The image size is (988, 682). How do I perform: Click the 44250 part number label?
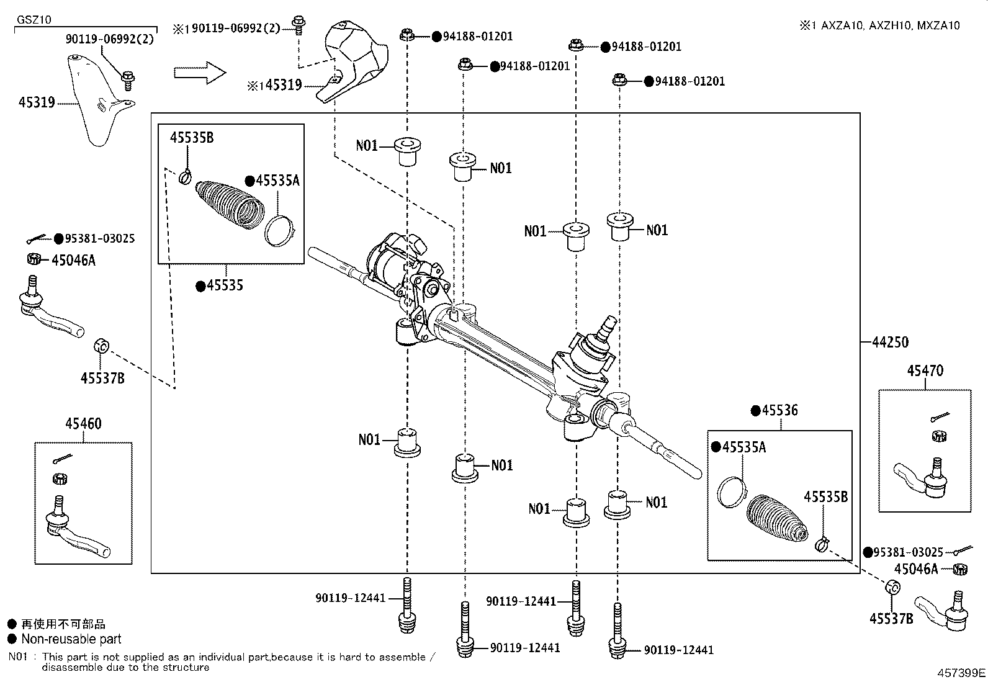[x=891, y=342]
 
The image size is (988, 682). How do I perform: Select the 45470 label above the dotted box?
[x=925, y=370]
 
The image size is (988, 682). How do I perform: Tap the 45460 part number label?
[x=83, y=423]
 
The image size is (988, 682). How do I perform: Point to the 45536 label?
[x=780, y=410]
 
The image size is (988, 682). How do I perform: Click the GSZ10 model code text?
[x=34, y=20]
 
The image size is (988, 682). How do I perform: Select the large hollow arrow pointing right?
[x=200, y=73]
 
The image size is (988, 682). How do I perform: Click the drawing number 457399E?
[x=961, y=673]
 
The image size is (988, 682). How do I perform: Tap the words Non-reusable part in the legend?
[x=71, y=639]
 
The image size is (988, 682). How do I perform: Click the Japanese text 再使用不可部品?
[x=63, y=624]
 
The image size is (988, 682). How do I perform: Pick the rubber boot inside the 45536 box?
[x=777, y=519]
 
